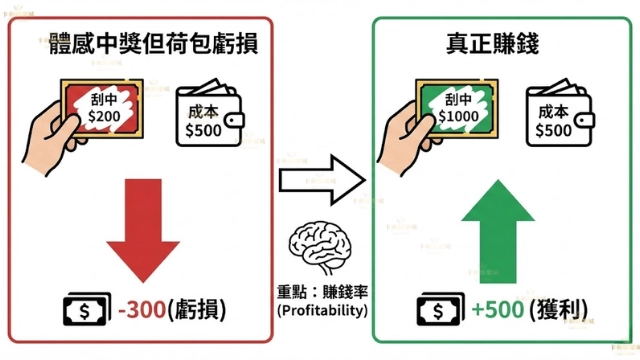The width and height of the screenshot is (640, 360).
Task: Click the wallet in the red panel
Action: (210, 121)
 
